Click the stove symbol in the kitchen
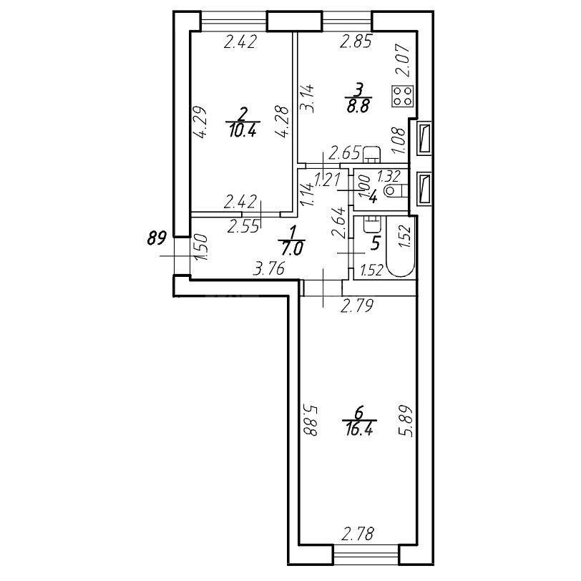(402, 97)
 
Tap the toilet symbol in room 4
(393, 191)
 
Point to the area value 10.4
(243, 131)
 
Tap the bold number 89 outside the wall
(157, 239)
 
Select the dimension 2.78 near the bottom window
(358, 533)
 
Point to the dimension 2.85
(355, 42)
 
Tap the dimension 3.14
(308, 96)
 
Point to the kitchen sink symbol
(371, 154)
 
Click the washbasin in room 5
(371, 223)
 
